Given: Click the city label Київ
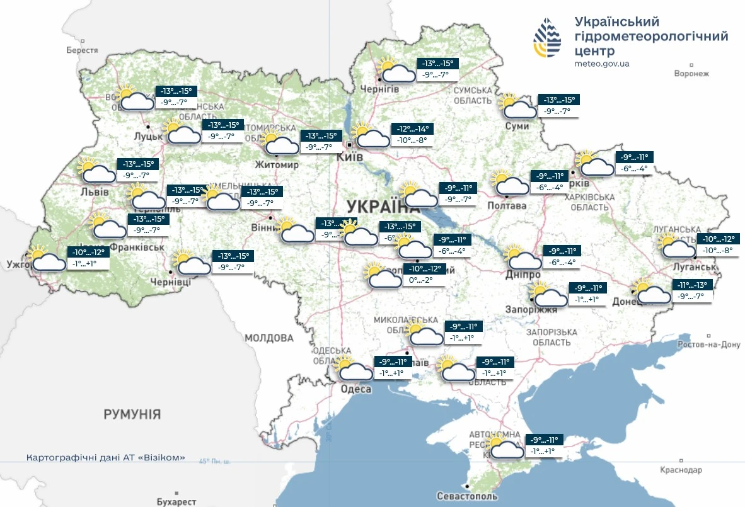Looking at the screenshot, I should [350, 157].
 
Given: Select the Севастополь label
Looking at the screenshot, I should [466, 496].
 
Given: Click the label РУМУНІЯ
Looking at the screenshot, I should [132, 414].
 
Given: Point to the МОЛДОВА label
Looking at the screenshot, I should [269, 338].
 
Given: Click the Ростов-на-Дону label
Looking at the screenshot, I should [708, 345].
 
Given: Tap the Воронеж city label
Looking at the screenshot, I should [691, 74].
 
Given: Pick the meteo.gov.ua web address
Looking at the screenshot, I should [601, 64].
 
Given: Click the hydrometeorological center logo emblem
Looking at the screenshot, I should [547, 38].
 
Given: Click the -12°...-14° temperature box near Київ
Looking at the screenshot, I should [413, 129].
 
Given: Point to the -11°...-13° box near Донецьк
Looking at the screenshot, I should [692, 285].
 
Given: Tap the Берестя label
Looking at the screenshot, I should [82, 50].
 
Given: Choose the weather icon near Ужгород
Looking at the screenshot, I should [47, 258].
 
